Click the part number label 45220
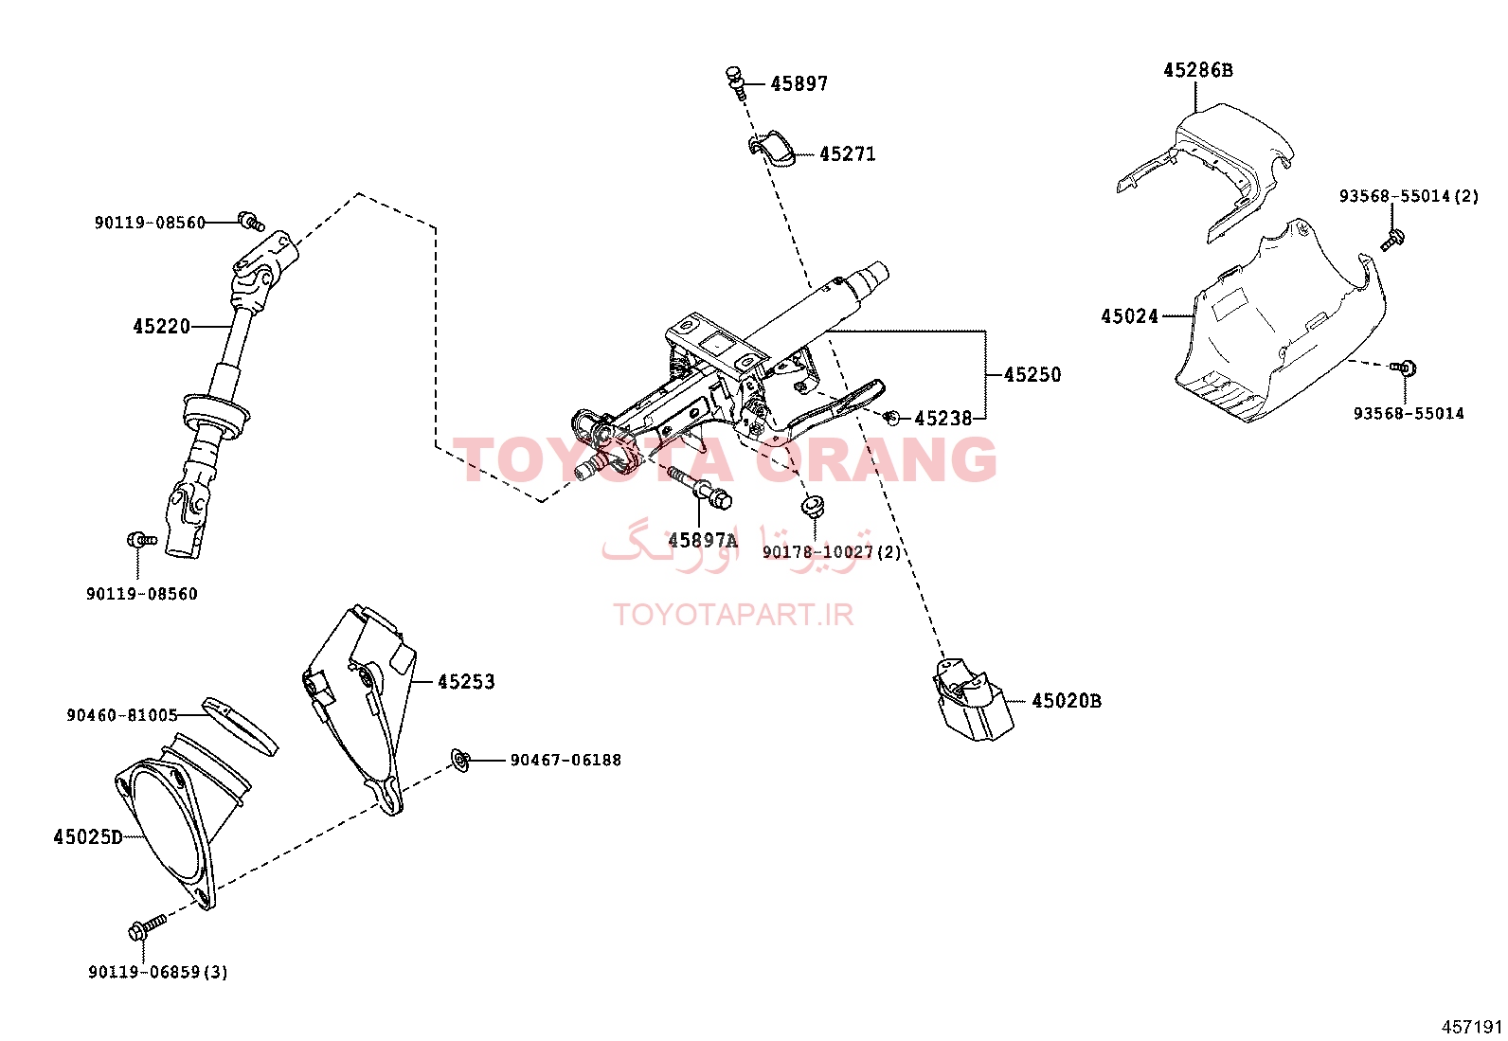[162, 327]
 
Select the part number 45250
[1032, 374]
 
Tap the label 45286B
[1198, 70]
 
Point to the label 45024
[1130, 315]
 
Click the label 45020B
[1067, 701]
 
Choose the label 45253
[466, 681]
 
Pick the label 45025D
[88, 837]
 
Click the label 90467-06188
[565, 761]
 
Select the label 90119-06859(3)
[158, 972]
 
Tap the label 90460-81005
[122, 715]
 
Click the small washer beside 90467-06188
[460, 761]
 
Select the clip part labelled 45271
[771, 149]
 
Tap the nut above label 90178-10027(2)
[813, 507]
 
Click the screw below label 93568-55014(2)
[1391, 239]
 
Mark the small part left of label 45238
[891, 418]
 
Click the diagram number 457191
[1472, 1028]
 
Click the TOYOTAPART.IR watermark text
[733, 615]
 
